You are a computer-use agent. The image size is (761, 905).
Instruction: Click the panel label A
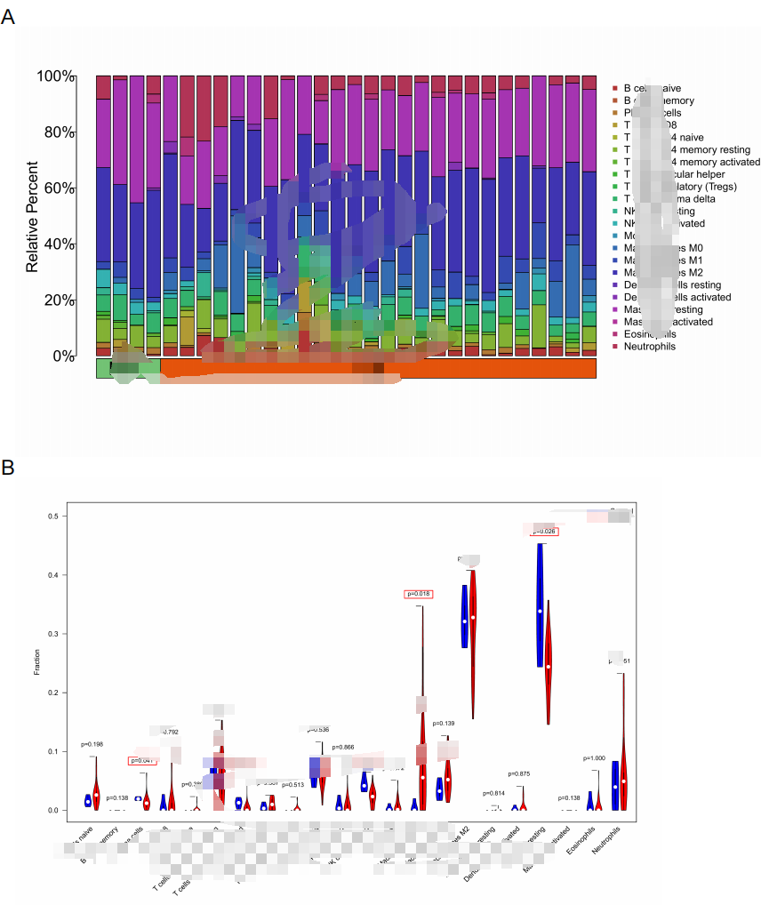[x=8, y=18]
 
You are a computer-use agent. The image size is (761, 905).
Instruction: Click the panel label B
[x=8, y=466]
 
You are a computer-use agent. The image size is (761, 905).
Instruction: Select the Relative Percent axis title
[x=32, y=216]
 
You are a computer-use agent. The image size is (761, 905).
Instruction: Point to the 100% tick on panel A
[x=55, y=76]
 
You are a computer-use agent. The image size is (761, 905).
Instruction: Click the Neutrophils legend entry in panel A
[x=649, y=346]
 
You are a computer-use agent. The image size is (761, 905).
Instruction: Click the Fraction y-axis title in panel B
[x=37, y=662]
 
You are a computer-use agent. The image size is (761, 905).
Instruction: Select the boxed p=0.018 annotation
[x=418, y=594]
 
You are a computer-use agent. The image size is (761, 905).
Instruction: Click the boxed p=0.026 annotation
[x=543, y=532]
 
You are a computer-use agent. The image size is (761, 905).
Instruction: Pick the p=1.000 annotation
[x=596, y=758]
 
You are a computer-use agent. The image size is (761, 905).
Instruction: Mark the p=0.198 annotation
[x=92, y=744]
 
